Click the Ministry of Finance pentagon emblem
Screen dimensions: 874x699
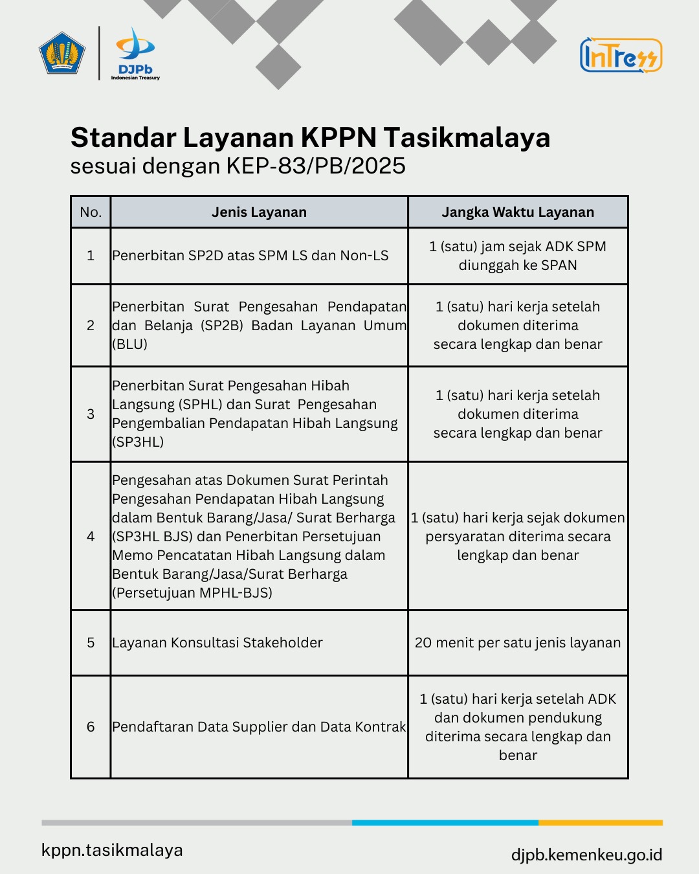62,52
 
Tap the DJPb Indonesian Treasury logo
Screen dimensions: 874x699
135,54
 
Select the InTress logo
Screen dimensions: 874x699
621,55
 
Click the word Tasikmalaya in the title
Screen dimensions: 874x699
467,137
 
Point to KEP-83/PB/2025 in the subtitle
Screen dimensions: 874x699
316,166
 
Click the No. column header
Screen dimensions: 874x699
91,212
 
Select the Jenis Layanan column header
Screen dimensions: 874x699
259,212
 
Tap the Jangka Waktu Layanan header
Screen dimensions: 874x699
518,212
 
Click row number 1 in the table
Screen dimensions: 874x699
91,256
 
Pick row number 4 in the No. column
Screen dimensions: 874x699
91,536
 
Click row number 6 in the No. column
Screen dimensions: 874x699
91,726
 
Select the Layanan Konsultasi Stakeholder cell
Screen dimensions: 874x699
217,642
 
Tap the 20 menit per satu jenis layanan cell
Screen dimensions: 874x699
518,642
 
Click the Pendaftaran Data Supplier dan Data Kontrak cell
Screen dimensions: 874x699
259,726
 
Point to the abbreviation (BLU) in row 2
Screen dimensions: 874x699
130,344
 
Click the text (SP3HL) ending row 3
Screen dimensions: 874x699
138,442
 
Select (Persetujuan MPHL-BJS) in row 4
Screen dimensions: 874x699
192,592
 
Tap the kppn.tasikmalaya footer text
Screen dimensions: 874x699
112,850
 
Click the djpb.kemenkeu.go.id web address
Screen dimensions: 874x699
586,855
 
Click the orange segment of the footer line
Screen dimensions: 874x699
600,823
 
